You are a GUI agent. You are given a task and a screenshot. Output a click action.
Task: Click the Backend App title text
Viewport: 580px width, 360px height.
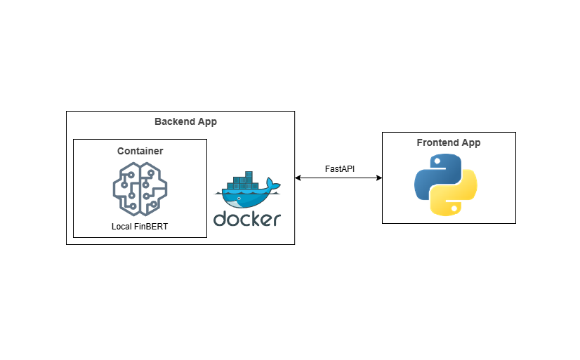pyautogui.click(x=185, y=122)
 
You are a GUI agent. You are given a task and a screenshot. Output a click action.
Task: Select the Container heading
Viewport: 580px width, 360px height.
pyautogui.click(x=140, y=151)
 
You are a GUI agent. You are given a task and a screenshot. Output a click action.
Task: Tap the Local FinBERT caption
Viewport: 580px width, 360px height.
pyautogui.click(x=140, y=227)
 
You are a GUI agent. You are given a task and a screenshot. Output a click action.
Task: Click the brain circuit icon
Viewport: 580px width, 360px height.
pyautogui.click(x=140, y=188)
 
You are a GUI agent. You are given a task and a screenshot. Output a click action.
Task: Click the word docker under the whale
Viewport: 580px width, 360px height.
pyautogui.click(x=247, y=219)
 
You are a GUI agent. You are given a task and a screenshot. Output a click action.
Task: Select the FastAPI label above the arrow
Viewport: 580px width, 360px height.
pyautogui.click(x=340, y=169)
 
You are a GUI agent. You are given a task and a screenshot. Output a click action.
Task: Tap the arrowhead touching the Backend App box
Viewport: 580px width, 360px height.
pyautogui.click(x=298, y=178)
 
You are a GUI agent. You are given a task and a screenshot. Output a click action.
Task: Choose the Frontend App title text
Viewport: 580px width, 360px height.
pyautogui.click(x=449, y=143)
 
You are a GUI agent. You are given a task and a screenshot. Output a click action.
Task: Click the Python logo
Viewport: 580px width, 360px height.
pyautogui.click(x=446, y=184)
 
